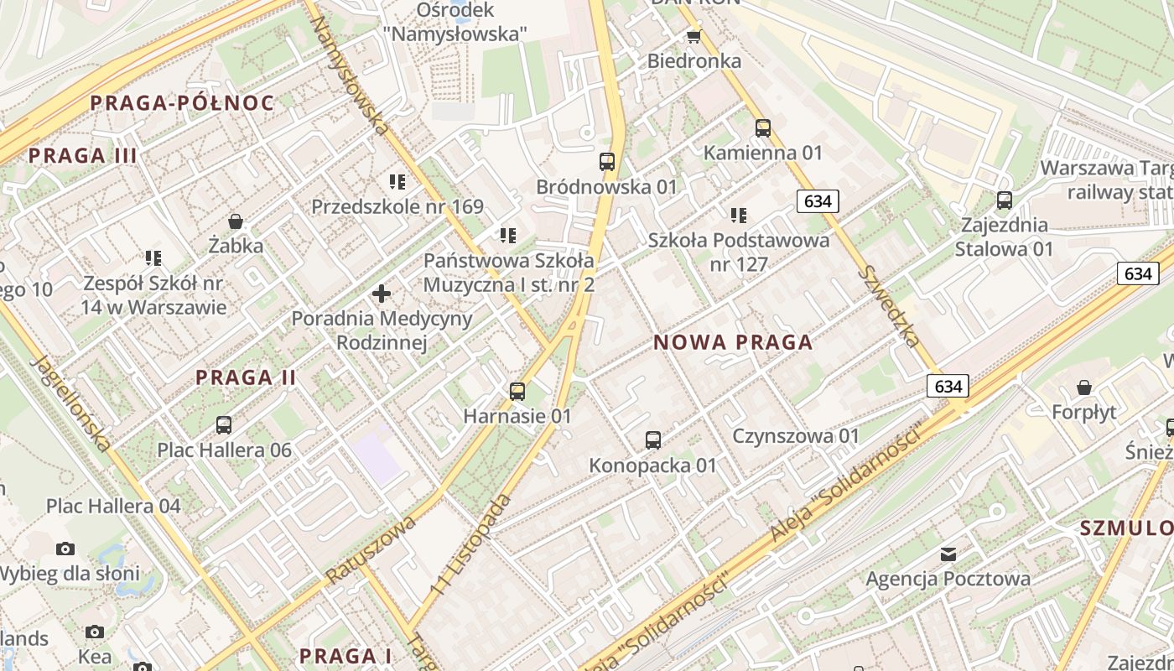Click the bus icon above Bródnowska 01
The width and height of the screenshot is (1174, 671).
tap(607, 162)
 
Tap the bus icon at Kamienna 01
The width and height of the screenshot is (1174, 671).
tap(763, 128)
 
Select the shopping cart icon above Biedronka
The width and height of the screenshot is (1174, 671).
tap(693, 36)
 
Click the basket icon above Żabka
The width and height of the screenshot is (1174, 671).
tap(236, 221)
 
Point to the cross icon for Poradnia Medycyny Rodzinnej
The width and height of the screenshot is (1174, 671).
tap(382, 294)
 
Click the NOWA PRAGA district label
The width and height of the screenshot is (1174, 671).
tap(733, 342)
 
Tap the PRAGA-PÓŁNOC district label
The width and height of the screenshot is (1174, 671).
tap(182, 103)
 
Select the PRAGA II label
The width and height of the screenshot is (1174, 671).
tap(246, 377)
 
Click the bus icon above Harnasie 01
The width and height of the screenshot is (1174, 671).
tap(517, 391)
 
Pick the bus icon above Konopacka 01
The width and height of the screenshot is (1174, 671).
tap(653, 440)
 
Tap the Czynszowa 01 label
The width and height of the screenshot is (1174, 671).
tap(796, 436)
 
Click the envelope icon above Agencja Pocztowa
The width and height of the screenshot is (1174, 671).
tap(948, 554)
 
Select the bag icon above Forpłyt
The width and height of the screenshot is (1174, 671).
tap(1084, 388)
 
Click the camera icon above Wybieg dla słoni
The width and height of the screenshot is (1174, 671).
tap(65, 549)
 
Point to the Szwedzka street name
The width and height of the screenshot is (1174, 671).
tap(890, 307)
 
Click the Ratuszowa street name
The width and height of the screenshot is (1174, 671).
tap(371, 550)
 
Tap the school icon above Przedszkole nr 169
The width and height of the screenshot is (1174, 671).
tap(397, 181)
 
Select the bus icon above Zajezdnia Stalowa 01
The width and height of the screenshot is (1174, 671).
tap(1005, 200)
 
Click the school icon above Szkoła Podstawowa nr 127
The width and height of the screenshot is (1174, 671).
tap(739, 216)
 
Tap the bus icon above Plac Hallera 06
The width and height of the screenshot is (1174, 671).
tap(224, 425)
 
